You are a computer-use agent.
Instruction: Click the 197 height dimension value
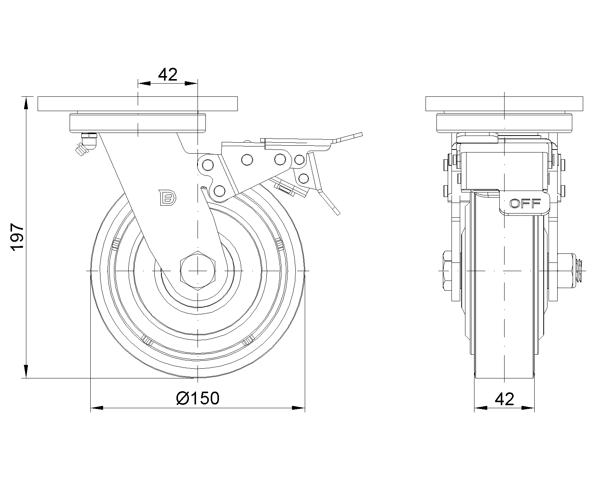[17, 236]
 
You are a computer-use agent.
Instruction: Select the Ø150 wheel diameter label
[198, 398]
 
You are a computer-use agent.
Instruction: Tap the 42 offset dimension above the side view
[168, 75]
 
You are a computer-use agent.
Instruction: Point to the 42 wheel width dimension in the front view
[505, 399]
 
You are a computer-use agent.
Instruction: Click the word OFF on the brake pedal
[525, 204]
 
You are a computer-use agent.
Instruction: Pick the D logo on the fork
[167, 197]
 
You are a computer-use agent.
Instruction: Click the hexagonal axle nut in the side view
[198, 270]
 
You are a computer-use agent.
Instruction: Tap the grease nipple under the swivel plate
[85, 144]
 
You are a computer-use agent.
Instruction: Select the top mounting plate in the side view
[138, 104]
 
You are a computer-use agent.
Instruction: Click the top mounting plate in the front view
[505, 104]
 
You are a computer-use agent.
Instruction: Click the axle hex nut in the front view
[448, 270]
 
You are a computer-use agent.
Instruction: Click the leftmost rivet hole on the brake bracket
[207, 165]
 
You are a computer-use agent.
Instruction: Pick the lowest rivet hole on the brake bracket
[219, 191]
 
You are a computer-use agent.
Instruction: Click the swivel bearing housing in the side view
[138, 122]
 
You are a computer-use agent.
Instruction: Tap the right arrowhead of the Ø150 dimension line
[298, 408]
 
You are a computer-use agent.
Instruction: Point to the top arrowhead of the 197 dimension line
[26, 103]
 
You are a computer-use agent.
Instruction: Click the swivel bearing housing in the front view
[505, 122]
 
